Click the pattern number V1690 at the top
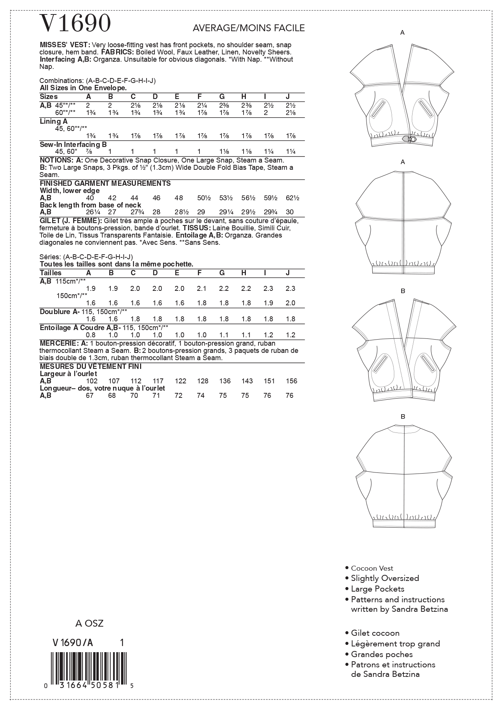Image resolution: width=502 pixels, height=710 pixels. [75, 24]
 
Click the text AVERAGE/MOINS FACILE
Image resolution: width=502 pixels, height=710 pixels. [249, 28]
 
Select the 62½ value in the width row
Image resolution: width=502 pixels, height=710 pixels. [292, 198]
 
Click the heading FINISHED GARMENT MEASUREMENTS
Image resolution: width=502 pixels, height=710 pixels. [105, 183]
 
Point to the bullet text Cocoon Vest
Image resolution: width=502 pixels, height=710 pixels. [372, 568]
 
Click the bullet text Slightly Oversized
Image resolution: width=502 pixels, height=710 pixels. [384, 578]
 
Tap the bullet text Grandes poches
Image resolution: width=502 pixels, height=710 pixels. [381, 654]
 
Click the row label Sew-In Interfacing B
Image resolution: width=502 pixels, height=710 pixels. [73, 144]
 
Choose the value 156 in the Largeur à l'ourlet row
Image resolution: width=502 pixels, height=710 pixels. [290, 381]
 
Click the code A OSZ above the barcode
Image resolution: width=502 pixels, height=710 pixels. [89, 623]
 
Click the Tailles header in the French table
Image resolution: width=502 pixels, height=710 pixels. [51, 273]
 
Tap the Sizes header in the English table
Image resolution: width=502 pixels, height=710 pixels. [49, 97]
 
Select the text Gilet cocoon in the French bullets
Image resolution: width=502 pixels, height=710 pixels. [375, 633]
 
